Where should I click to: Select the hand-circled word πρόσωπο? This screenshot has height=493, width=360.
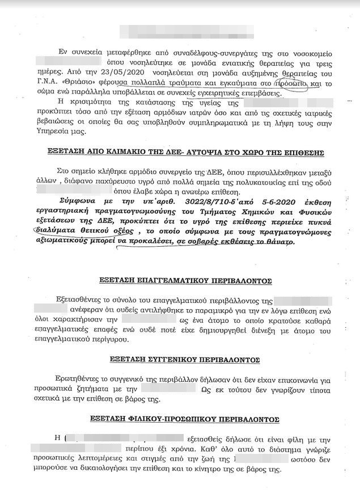[x=290, y=84]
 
